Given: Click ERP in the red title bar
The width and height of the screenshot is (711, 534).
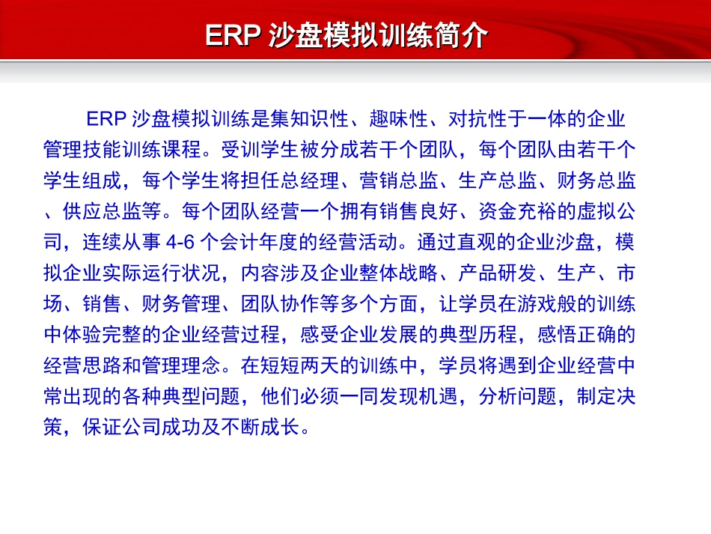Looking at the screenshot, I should point(233,36).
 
